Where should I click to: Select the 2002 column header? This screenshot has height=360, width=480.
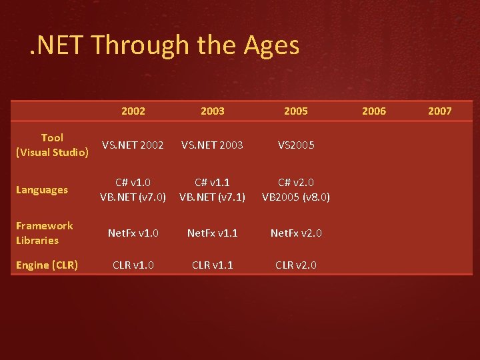tap(133, 111)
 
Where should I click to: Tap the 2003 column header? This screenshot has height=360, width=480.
tap(213, 111)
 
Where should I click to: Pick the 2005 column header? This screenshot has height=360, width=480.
tap(296, 111)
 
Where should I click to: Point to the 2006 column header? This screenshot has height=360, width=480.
tap(373, 111)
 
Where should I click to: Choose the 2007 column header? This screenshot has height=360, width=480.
tap(439, 111)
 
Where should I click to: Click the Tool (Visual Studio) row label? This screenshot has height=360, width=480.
tap(52, 145)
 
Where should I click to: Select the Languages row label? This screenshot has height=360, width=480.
tap(42, 190)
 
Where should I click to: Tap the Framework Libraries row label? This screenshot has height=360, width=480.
tap(45, 233)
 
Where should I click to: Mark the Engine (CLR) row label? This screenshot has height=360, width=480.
tap(47, 265)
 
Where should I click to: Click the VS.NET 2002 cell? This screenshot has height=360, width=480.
tap(133, 145)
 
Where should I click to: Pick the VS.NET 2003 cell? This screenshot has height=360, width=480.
tap(213, 145)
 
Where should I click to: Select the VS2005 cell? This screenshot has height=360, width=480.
tap(296, 145)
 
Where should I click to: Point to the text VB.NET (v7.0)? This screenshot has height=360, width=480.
tap(133, 197)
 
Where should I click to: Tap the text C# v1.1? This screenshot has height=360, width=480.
tap(213, 183)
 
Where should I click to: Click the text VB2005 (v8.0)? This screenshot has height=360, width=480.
tap(296, 197)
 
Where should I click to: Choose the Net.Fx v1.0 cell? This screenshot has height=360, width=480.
tap(133, 233)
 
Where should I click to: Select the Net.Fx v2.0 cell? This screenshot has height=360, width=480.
tap(296, 233)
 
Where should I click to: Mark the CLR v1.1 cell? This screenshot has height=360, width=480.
tap(213, 265)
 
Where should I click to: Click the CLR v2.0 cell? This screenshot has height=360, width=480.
tap(296, 265)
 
